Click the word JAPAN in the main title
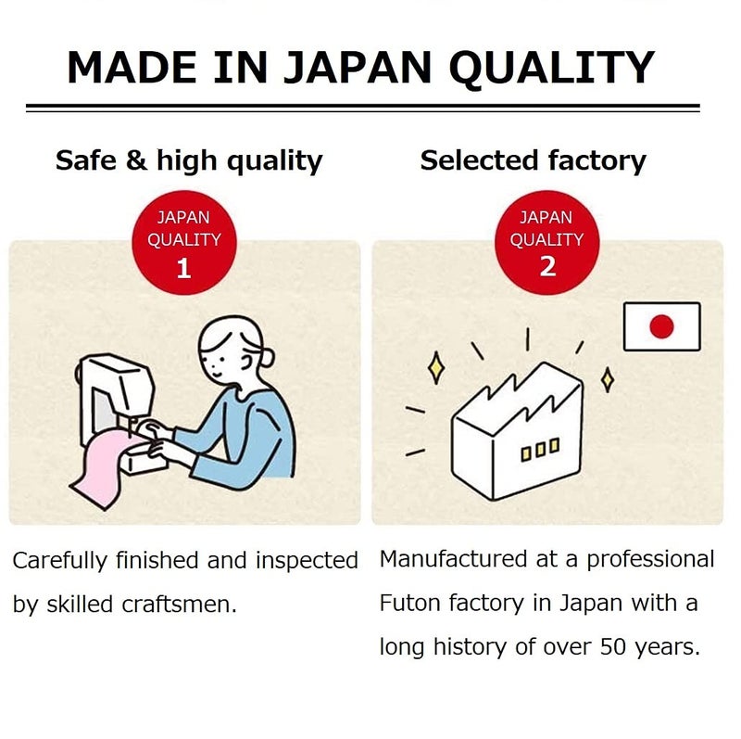(x=357, y=67)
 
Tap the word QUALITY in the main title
(x=551, y=69)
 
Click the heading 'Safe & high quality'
(x=189, y=160)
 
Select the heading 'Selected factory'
(x=534, y=160)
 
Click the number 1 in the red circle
(x=183, y=268)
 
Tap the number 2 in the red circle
(x=547, y=267)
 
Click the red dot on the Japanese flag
(x=661, y=326)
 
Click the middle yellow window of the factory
(x=541, y=450)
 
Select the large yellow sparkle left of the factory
(x=436, y=367)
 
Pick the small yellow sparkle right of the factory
(x=608, y=379)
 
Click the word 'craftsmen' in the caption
(x=179, y=605)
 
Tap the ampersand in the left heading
(x=136, y=159)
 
